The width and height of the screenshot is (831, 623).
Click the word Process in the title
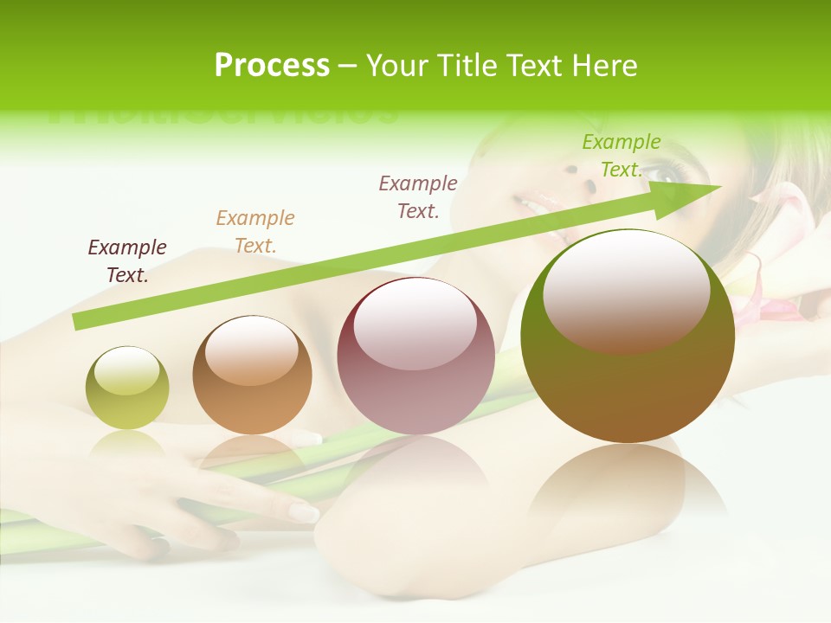click(272, 66)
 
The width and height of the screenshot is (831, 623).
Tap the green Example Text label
click(621, 156)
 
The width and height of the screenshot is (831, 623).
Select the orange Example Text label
click(255, 231)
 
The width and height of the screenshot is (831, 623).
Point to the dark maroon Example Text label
click(127, 260)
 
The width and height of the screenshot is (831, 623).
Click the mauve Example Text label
click(418, 196)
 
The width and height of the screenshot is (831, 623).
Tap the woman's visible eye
click(666, 173)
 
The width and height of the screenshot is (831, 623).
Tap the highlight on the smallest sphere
click(126, 370)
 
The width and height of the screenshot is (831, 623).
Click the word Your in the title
click(399, 66)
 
